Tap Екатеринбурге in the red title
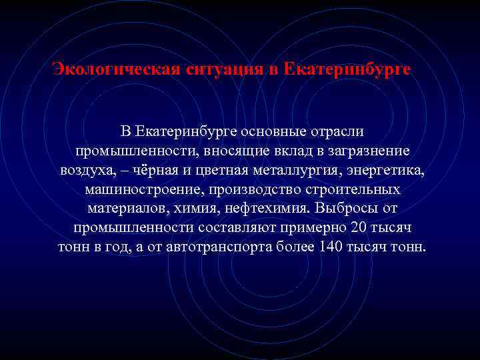tap(347, 69)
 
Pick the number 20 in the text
tap(358, 228)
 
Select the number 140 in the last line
tap(331, 247)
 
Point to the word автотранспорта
tap(225, 247)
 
